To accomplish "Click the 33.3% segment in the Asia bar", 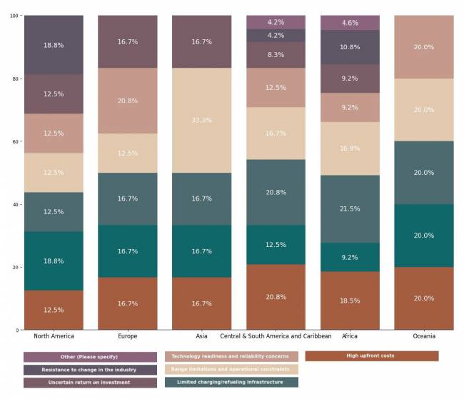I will coord(201,121).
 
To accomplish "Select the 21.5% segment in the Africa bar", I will coord(350,209).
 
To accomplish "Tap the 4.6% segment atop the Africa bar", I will coord(350,23).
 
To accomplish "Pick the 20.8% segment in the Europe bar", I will coord(127,101).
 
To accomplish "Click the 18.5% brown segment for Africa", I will coord(350,300).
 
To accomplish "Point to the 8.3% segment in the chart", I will coord(276,55).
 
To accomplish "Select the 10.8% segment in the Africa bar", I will coord(350,47).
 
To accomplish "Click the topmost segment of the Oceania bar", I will coord(424,47).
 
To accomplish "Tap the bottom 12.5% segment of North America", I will coord(54,310).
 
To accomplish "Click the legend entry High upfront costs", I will coord(371,355).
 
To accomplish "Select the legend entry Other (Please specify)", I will coord(90,356).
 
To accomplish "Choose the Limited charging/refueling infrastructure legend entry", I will coord(231,382).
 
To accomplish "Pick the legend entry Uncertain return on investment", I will coord(90,383).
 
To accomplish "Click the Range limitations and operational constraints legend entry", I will coord(231,369).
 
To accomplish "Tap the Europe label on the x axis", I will coord(127,336).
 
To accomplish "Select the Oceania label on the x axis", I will coord(424,336).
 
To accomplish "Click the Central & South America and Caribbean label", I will coord(276,336).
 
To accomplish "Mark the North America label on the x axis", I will coord(54,336).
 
